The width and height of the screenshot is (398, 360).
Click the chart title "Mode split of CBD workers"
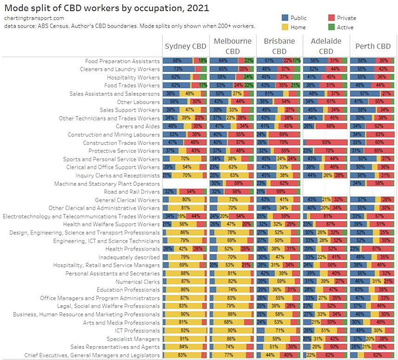106,8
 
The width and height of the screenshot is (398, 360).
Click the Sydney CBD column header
186,46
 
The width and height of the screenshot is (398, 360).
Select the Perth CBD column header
372,46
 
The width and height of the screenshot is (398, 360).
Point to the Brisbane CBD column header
279,46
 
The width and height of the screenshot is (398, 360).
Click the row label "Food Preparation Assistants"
122,61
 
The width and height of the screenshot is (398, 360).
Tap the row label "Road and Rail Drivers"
132,191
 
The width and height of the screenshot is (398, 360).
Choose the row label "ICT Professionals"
138,330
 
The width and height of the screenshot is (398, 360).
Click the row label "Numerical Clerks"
138,281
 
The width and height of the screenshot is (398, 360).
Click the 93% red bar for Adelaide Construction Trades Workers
325,143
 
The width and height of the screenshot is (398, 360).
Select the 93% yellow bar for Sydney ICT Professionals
185,330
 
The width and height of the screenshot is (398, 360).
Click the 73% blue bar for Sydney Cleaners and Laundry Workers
178,69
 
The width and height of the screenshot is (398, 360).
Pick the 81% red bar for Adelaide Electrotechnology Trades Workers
327,216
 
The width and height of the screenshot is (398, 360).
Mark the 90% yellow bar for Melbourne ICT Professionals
231,330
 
